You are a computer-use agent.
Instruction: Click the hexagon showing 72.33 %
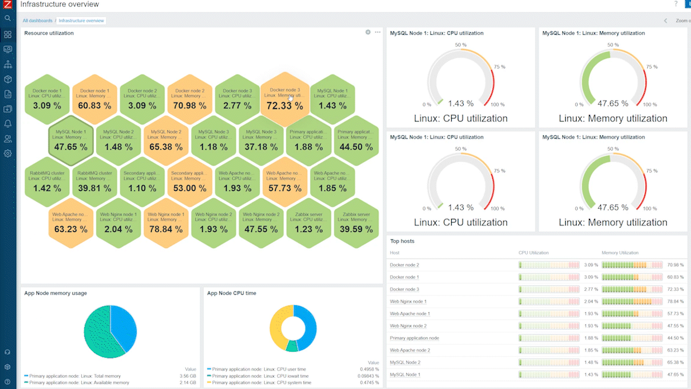coord(284,100)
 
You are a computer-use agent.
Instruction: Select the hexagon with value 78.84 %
coord(166,224)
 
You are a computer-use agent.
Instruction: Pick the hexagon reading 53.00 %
coord(189,183)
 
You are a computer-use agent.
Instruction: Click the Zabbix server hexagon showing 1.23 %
coord(308,224)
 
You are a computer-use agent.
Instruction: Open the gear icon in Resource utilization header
coord(368,32)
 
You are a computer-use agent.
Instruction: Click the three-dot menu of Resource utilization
coord(377,32)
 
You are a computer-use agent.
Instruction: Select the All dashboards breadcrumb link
coord(38,21)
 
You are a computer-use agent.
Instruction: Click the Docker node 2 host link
coord(404,265)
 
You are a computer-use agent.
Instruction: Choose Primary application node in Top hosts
coord(414,338)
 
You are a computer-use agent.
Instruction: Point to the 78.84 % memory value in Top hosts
coord(675,301)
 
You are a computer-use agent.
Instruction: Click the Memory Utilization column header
coord(620,252)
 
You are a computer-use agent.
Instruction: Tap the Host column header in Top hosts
coord(395,252)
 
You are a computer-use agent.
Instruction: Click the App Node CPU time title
coord(232,293)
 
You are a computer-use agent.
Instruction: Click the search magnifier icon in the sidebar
coord(8,18)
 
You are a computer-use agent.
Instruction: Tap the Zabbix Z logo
coord(8,5)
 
